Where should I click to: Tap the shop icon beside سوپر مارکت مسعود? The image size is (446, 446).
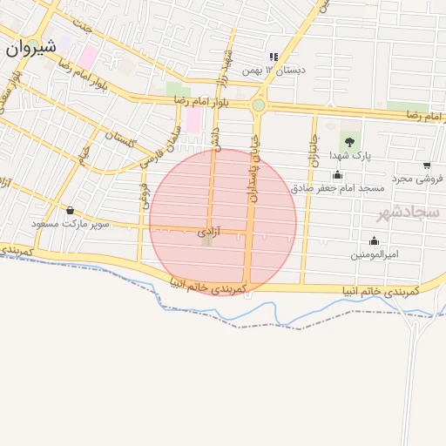click(x=70, y=210)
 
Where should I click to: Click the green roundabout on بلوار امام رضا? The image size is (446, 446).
click(x=258, y=105)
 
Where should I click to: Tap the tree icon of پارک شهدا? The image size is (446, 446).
click(x=349, y=140)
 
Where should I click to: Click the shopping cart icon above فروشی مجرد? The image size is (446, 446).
click(x=427, y=165)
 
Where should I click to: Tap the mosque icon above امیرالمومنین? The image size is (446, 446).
click(x=375, y=240)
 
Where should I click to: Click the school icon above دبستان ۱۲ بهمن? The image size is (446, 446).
click(x=273, y=57)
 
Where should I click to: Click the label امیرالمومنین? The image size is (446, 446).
click(x=375, y=254)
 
